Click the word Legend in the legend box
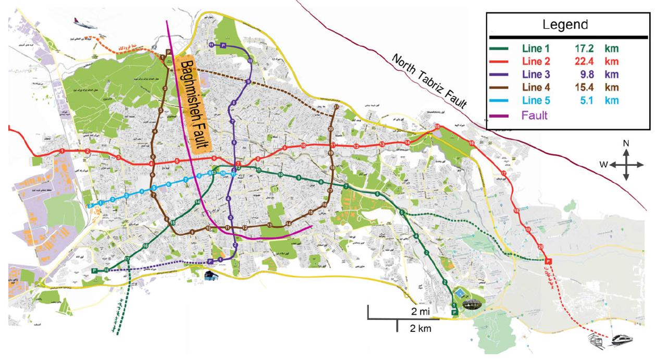click(565, 24)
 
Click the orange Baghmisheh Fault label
click(194, 104)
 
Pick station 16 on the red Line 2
click(472, 143)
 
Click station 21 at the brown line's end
click(337, 107)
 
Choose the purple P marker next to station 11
click(223, 46)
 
